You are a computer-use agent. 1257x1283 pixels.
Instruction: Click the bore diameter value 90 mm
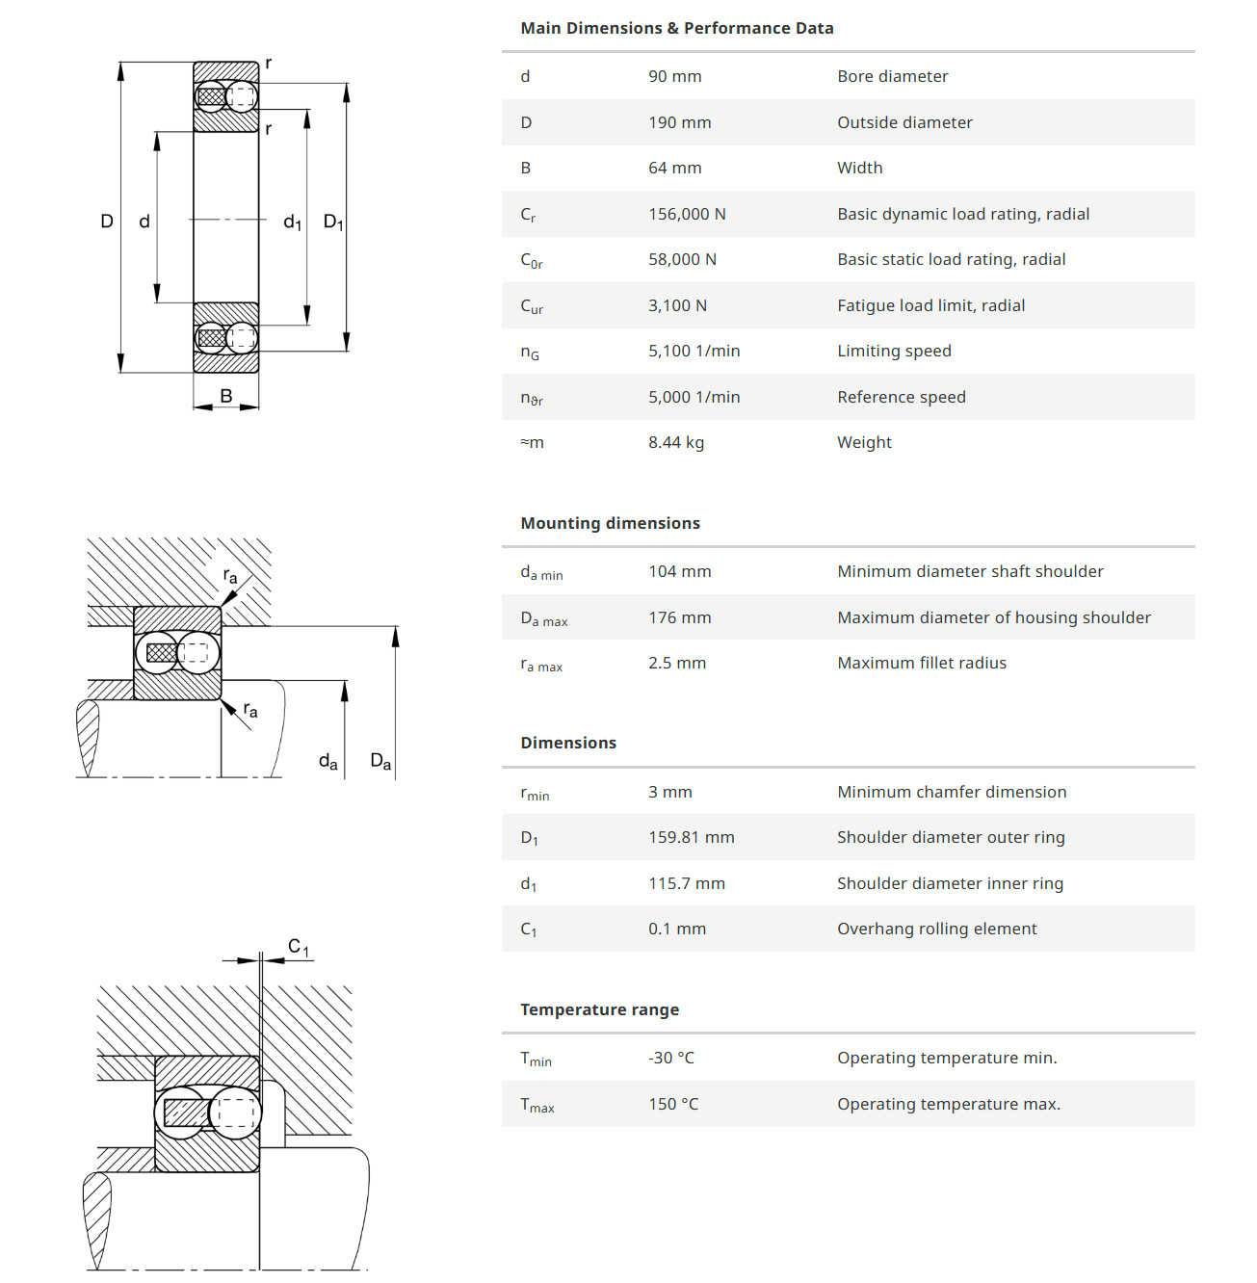pos(674,76)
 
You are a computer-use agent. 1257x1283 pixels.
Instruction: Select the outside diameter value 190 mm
pos(679,122)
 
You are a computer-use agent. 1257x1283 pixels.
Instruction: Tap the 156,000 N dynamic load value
pos(687,214)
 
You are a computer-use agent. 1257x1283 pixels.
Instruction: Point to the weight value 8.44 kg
pos(675,442)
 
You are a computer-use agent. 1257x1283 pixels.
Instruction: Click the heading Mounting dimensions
pos(610,523)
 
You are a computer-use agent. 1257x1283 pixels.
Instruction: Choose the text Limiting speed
pos(894,351)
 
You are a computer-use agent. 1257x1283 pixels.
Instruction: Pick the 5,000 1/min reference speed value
pos(694,397)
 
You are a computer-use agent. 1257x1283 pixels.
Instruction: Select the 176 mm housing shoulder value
pos(679,617)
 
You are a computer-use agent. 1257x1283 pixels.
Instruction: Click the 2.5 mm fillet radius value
pos(676,663)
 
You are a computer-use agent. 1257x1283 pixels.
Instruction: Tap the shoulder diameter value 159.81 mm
pos(691,837)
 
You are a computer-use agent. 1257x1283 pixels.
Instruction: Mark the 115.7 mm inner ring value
pos(686,883)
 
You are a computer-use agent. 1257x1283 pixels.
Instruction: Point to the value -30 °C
pos(670,1058)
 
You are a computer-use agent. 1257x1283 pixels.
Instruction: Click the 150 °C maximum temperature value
pos(672,1104)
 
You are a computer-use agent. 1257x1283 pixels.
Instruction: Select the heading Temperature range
pos(599,1009)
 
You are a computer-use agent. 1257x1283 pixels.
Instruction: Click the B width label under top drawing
pos(226,396)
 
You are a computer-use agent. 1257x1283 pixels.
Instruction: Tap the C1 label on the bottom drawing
pos(299,948)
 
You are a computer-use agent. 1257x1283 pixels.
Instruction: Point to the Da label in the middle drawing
pos(380,762)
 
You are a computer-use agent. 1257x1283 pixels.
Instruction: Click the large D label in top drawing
pos(107,222)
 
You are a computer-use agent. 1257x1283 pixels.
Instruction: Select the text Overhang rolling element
pos(936,929)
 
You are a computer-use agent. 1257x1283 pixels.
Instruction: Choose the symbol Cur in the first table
pos(532,306)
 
